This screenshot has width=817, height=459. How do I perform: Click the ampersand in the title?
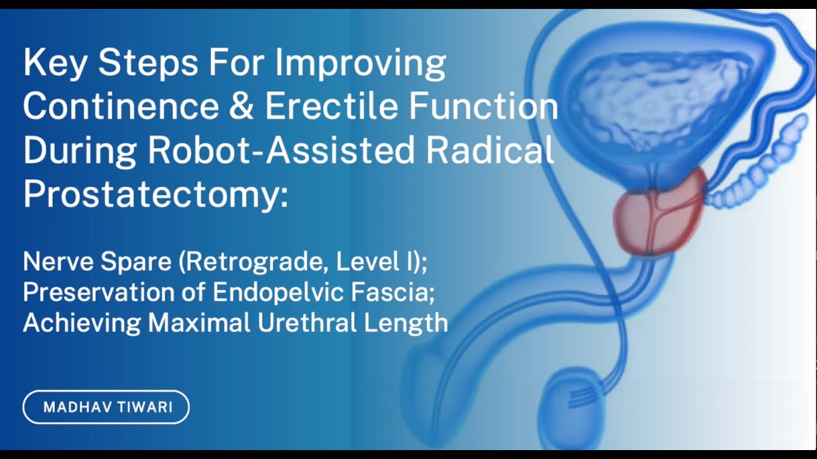click(x=242, y=106)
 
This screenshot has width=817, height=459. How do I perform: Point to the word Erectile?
click(x=331, y=106)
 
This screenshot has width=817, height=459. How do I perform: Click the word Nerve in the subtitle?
click(x=56, y=261)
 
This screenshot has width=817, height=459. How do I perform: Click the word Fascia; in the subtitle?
click(x=396, y=292)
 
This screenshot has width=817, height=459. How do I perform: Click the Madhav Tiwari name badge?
click(x=107, y=407)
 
